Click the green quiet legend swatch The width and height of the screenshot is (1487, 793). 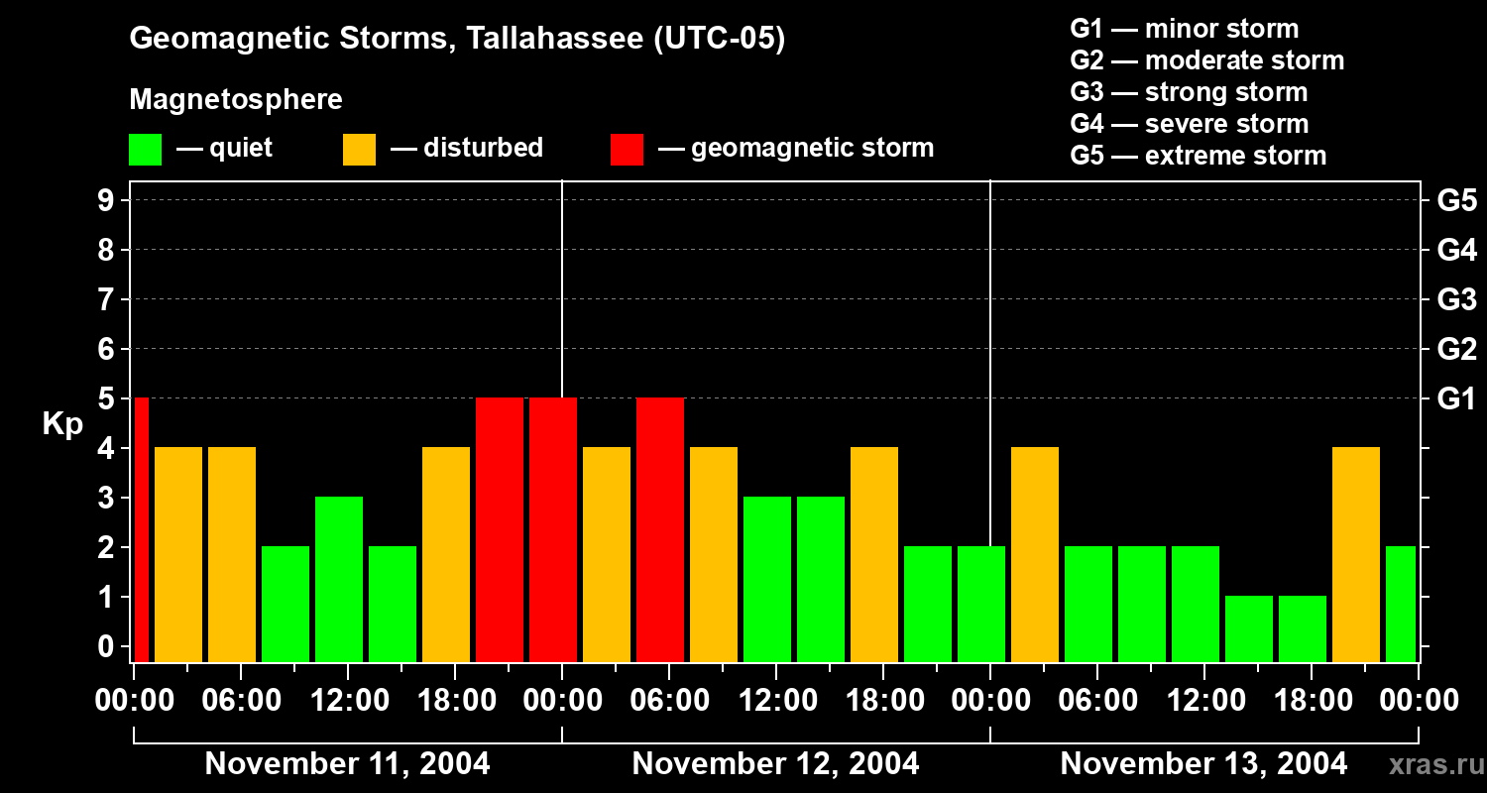point(145,149)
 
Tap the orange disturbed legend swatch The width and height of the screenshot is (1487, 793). point(359,149)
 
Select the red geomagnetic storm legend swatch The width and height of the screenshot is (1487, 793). point(627,149)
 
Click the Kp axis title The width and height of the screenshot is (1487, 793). point(62,424)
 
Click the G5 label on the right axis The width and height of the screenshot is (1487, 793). point(1456,201)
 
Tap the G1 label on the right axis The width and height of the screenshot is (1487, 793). point(1456,399)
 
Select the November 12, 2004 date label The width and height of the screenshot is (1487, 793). point(775,764)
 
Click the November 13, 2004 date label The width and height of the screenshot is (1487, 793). point(1203,764)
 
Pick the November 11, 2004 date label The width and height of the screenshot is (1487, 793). point(347,764)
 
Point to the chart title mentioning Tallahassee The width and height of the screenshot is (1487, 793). point(457,40)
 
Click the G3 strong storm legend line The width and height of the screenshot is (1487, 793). point(1189,92)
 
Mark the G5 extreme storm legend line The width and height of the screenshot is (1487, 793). point(1198,156)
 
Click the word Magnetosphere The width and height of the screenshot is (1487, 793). point(236,100)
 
